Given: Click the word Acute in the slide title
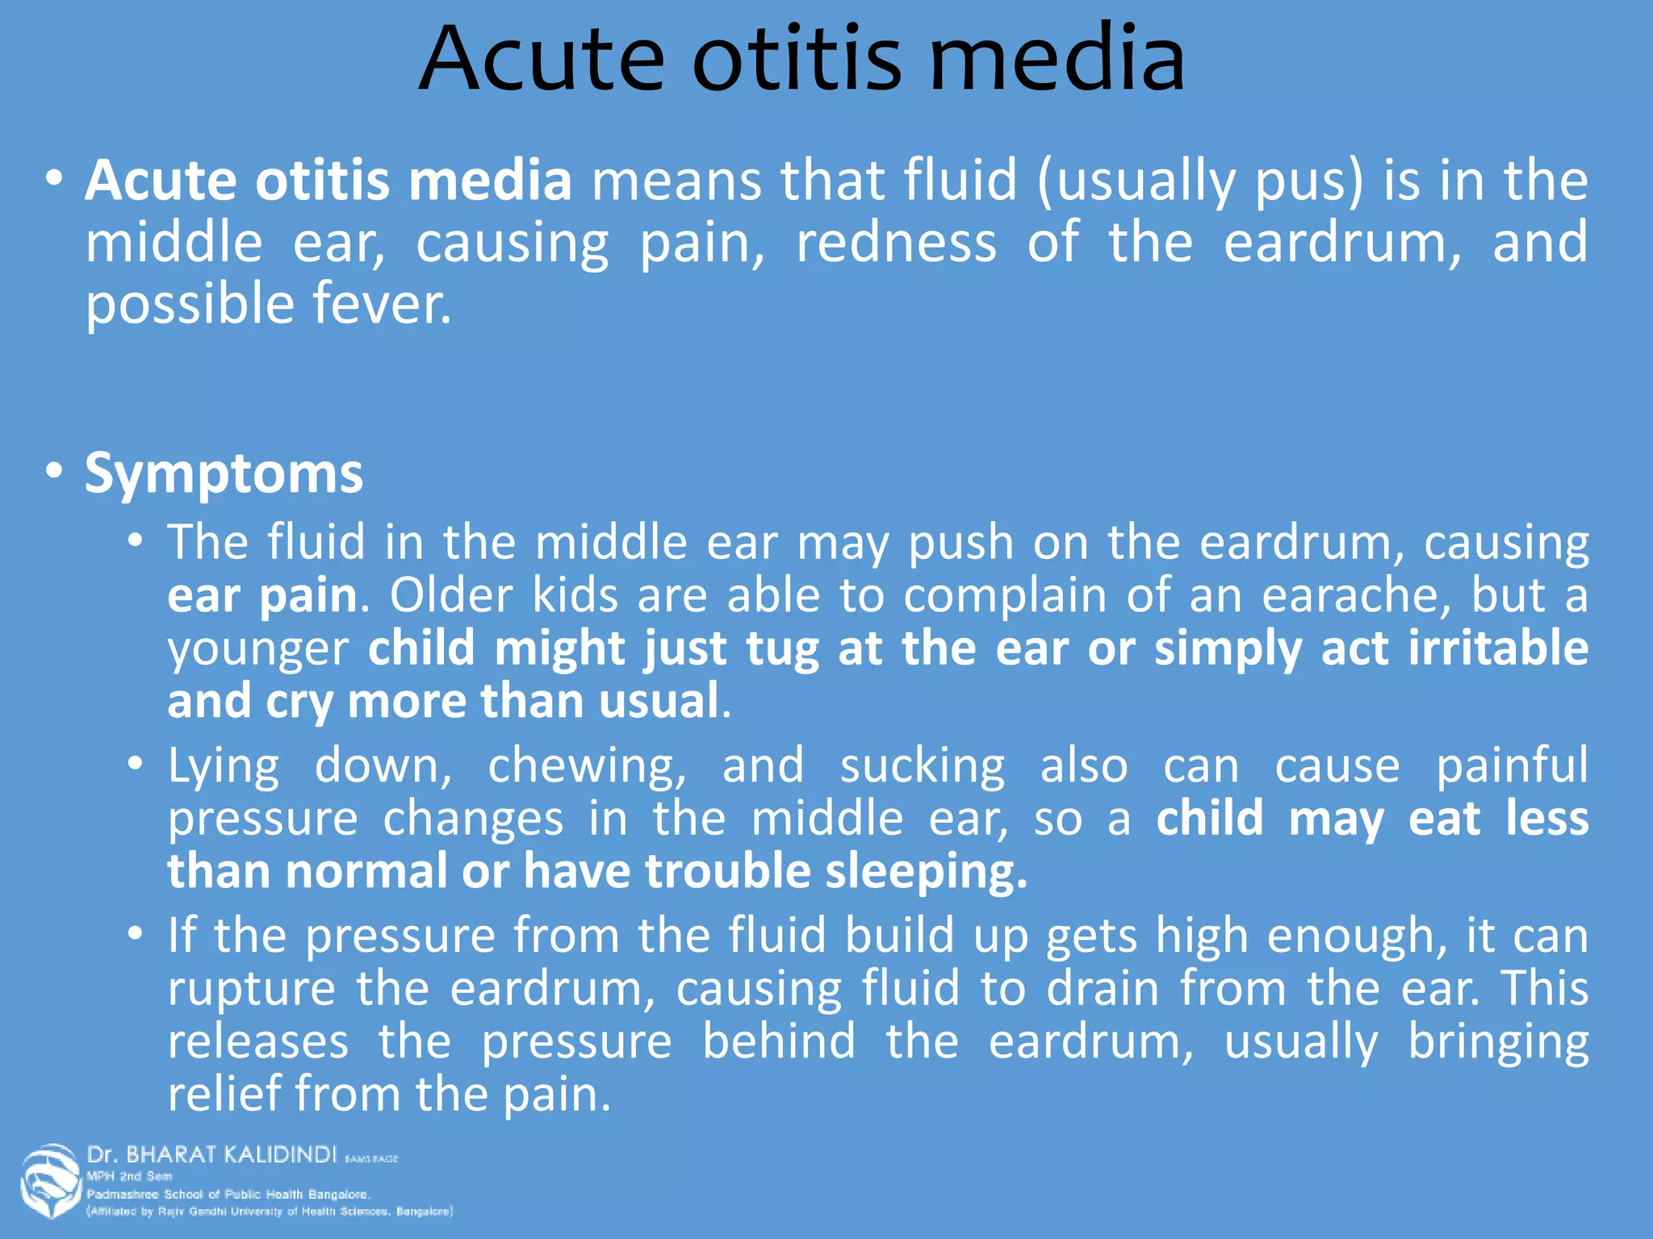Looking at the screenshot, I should pyautogui.click(x=542, y=58).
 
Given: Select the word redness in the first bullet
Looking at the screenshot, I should pyautogui.click(x=896, y=243).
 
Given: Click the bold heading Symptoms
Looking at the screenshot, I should pyautogui.click(x=224, y=473).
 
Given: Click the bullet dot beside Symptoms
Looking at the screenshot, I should pyautogui.click(x=54, y=470).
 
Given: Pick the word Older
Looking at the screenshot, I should pyautogui.click(x=451, y=596).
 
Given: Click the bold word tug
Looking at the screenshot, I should pyautogui.click(x=781, y=650).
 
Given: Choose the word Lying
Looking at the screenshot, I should pyautogui.click(x=224, y=766).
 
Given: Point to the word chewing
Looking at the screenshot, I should pyautogui.click(x=586, y=766).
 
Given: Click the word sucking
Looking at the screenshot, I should pyautogui.click(x=922, y=766).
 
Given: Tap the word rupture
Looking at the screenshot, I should pyautogui.click(x=251, y=990).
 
